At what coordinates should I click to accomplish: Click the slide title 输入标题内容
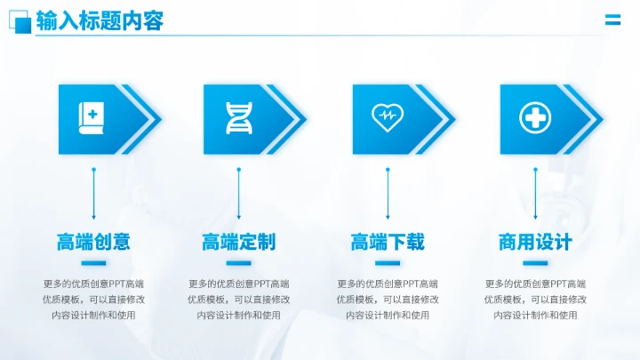tap(100, 21)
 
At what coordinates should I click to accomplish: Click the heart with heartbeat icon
tap(387, 116)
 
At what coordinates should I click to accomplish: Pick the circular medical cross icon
tap(534, 117)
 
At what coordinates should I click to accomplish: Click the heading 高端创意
tap(93, 242)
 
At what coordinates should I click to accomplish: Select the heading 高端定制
tap(238, 242)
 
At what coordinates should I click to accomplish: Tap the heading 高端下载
tap(387, 242)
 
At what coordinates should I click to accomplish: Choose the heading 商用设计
tap(535, 242)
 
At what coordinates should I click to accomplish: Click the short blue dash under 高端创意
tap(93, 263)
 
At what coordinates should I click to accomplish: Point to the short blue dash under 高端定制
tap(238, 263)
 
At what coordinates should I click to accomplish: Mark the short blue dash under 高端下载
tap(387, 263)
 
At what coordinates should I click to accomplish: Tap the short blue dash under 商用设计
tap(535, 263)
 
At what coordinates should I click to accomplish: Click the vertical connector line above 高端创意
tap(93, 193)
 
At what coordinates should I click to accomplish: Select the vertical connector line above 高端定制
tap(238, 193)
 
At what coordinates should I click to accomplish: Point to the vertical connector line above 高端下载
tap(387, 193)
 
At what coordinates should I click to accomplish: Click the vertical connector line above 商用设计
tap(535, 193)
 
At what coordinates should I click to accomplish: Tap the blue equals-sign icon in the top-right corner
tap(612, 21)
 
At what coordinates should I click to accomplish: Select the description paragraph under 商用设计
tap(535, 300)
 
